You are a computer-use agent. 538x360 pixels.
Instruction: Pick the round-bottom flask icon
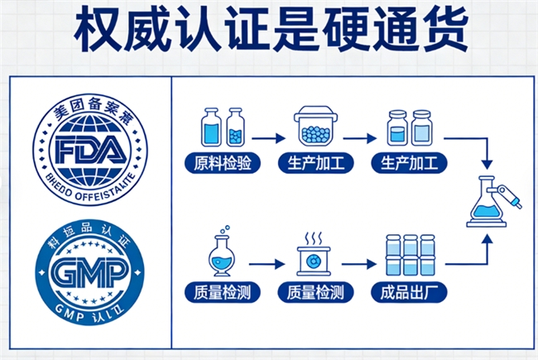(x=223, y=255)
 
